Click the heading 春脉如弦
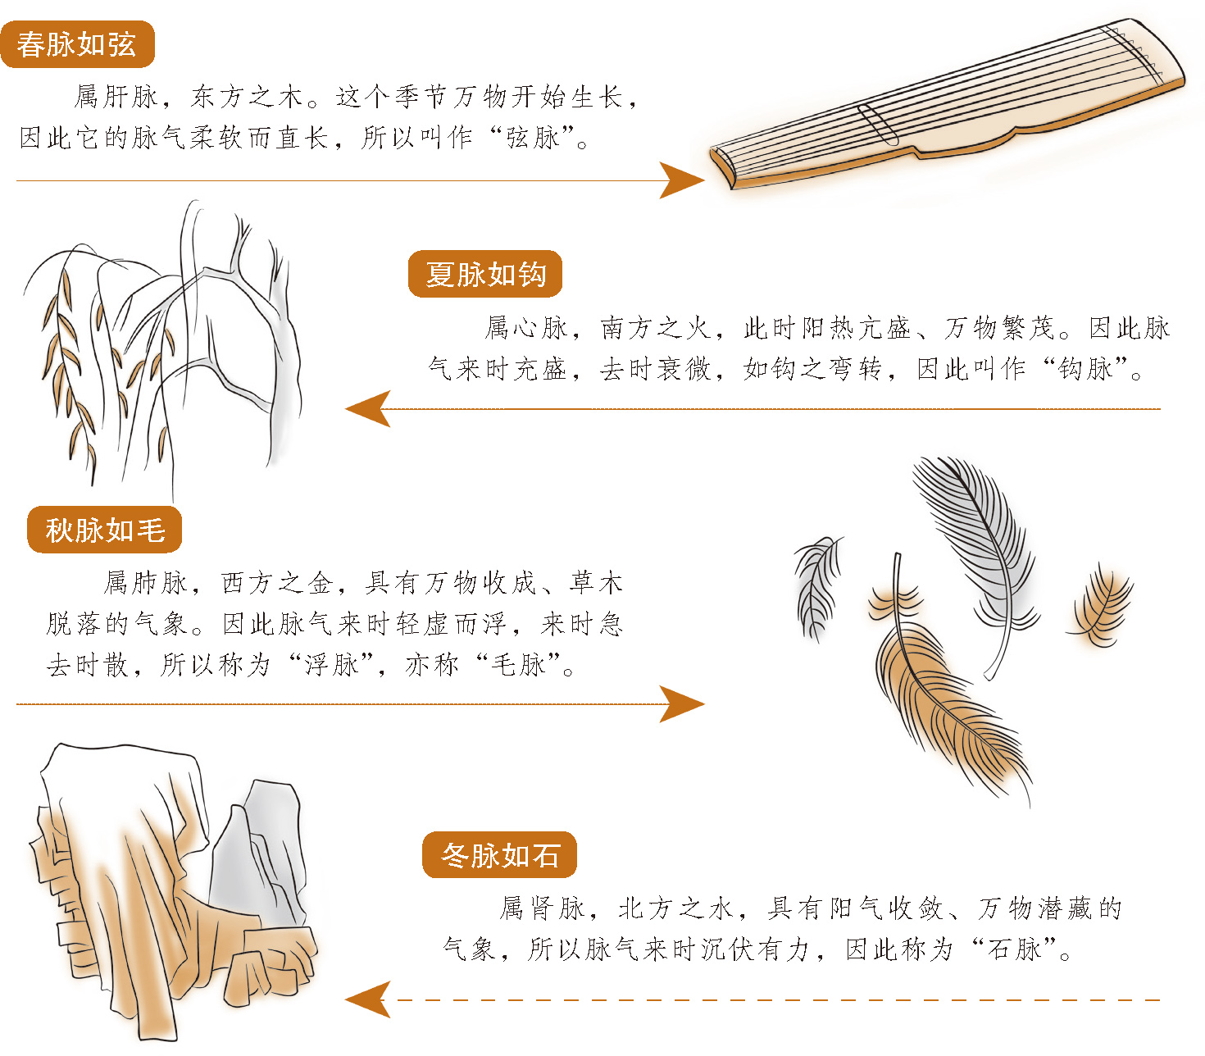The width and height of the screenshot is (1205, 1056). coord(77,44)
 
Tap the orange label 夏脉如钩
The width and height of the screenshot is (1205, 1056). coord(485,274)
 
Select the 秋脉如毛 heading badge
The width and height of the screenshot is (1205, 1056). coord(105,530)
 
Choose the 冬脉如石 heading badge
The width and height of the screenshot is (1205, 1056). coord(499,855)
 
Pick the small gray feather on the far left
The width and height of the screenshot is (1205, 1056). coord(817,588)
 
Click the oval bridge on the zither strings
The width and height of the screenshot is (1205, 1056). coord(878,125)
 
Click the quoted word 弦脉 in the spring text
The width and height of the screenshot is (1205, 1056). coord(532,138)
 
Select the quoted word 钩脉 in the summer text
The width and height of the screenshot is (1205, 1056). coord(1085,369)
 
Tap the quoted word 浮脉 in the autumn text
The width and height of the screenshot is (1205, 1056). coord(331,665)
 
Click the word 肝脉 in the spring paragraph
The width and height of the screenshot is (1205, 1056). coord(131,97)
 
